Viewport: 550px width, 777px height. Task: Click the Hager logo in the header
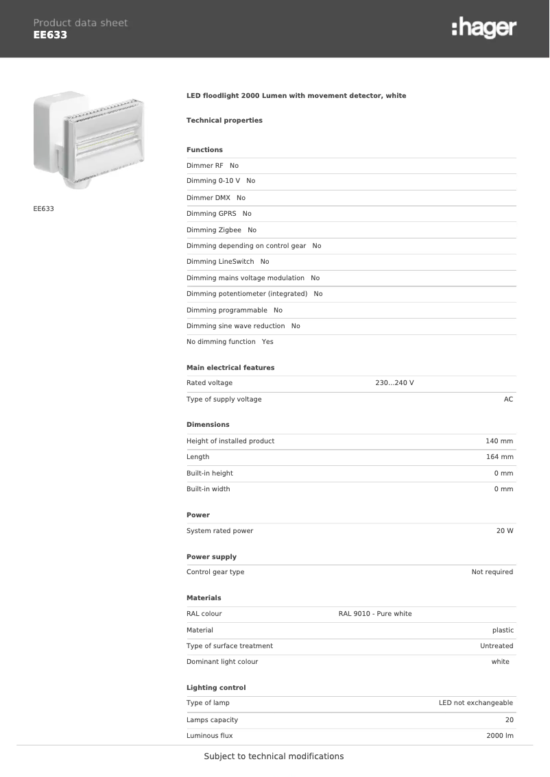click(x=483, y=28)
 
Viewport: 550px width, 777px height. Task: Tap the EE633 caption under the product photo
click(x=43, y=208)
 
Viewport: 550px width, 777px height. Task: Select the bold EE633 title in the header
click(x=50, y=35)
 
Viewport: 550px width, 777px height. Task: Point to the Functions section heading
click(x=204, y=149)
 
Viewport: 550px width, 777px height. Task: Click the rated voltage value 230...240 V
click(x=394, y=383)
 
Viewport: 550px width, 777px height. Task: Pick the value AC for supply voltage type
click(x=508, y=399)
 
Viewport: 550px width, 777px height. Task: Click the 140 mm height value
click(x=499, y=441)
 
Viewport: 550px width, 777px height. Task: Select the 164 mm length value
click(x=499, y=457)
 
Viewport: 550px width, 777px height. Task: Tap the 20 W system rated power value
click(x=505, y=531)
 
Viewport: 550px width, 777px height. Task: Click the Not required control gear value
click(x=492, y=572)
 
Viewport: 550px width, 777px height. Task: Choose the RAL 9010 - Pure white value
click(x=375, y=614)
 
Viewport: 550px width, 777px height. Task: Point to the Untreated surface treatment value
click(x=497, y=646)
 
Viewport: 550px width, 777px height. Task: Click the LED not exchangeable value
click(x=476, y=703)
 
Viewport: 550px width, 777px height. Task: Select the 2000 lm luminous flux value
click(x=499, y=736)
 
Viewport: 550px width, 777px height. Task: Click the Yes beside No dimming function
click(x=267, y=342)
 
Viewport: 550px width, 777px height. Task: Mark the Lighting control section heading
click(x=216, y=687)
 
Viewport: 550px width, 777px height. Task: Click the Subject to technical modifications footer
click(x=274, y=756)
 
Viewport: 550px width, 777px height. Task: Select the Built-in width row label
click(x=208, y=489)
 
